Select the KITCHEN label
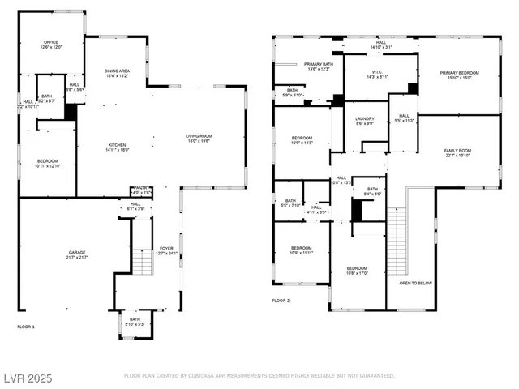click(118, 146)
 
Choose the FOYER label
click(166, 250)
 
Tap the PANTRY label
click(140, 190)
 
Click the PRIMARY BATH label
click(319, 65)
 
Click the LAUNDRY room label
click(365, 120)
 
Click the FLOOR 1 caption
click(27, 327)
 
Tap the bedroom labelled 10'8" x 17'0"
click(358, 270)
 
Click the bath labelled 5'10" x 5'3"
click(134, 321)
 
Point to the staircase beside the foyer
click(142, 262)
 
